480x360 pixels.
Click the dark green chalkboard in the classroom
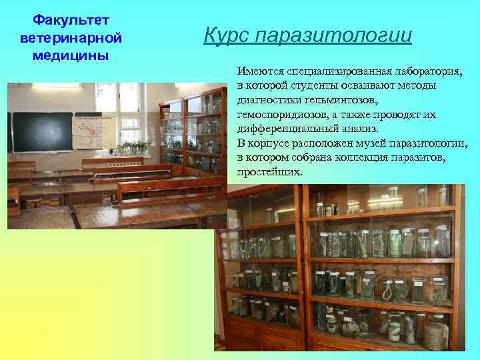43,131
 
